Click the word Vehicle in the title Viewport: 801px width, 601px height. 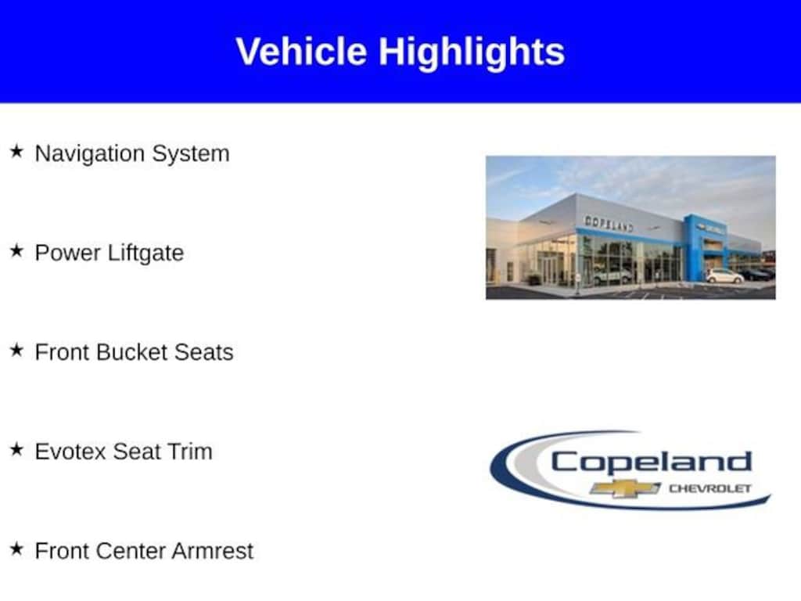click(x=301, y=52)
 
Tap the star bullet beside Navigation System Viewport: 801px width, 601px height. click(x=17, y=151)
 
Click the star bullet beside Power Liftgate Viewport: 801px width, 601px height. click(x=17, y=251)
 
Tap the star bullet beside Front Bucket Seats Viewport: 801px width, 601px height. click(x=17, y=350)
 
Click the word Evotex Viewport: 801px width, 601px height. click(x=70, y=452)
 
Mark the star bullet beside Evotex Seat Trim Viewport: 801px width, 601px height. click(x=17, y=450)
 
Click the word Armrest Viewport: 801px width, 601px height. click(x=213, y=551)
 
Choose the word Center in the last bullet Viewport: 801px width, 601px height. click(x=131, y=551)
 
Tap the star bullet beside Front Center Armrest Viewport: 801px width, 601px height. click(x=17, y=549)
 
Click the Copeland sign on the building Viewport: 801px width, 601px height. click(x=609, y=223)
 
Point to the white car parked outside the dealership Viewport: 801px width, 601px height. click(x=724, y=276)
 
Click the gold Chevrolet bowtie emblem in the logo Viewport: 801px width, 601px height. click(x=625, y=489)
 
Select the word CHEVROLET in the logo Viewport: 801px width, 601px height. click(x=710, y=488)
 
